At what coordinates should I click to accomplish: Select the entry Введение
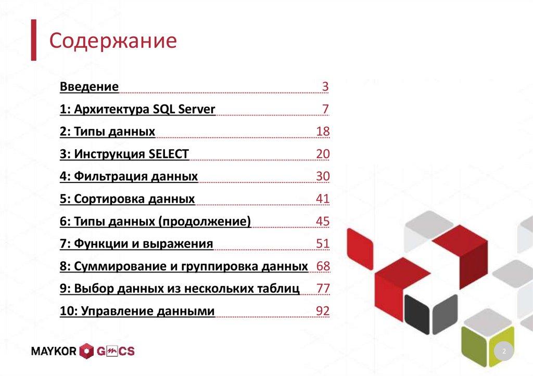pos(89,86)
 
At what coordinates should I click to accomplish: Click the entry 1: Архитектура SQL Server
pos(137,109)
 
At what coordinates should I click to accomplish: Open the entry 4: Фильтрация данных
pos(129,176)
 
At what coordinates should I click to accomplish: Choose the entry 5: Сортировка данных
pos(127,199)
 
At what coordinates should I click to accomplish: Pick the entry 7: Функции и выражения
pos(136,244)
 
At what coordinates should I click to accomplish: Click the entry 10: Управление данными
pos(137,312)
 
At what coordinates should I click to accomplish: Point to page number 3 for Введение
pos(325,87)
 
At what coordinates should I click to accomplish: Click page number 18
pos(323,132)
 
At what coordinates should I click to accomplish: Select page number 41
pos(323,199)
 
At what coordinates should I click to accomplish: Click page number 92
pos(323,312)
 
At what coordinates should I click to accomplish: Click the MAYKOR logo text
pos(54,352)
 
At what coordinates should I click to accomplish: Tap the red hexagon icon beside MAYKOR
pos(86,352)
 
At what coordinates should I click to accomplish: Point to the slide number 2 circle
pos(504,353)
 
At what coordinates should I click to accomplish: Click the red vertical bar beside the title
pos(33,40)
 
